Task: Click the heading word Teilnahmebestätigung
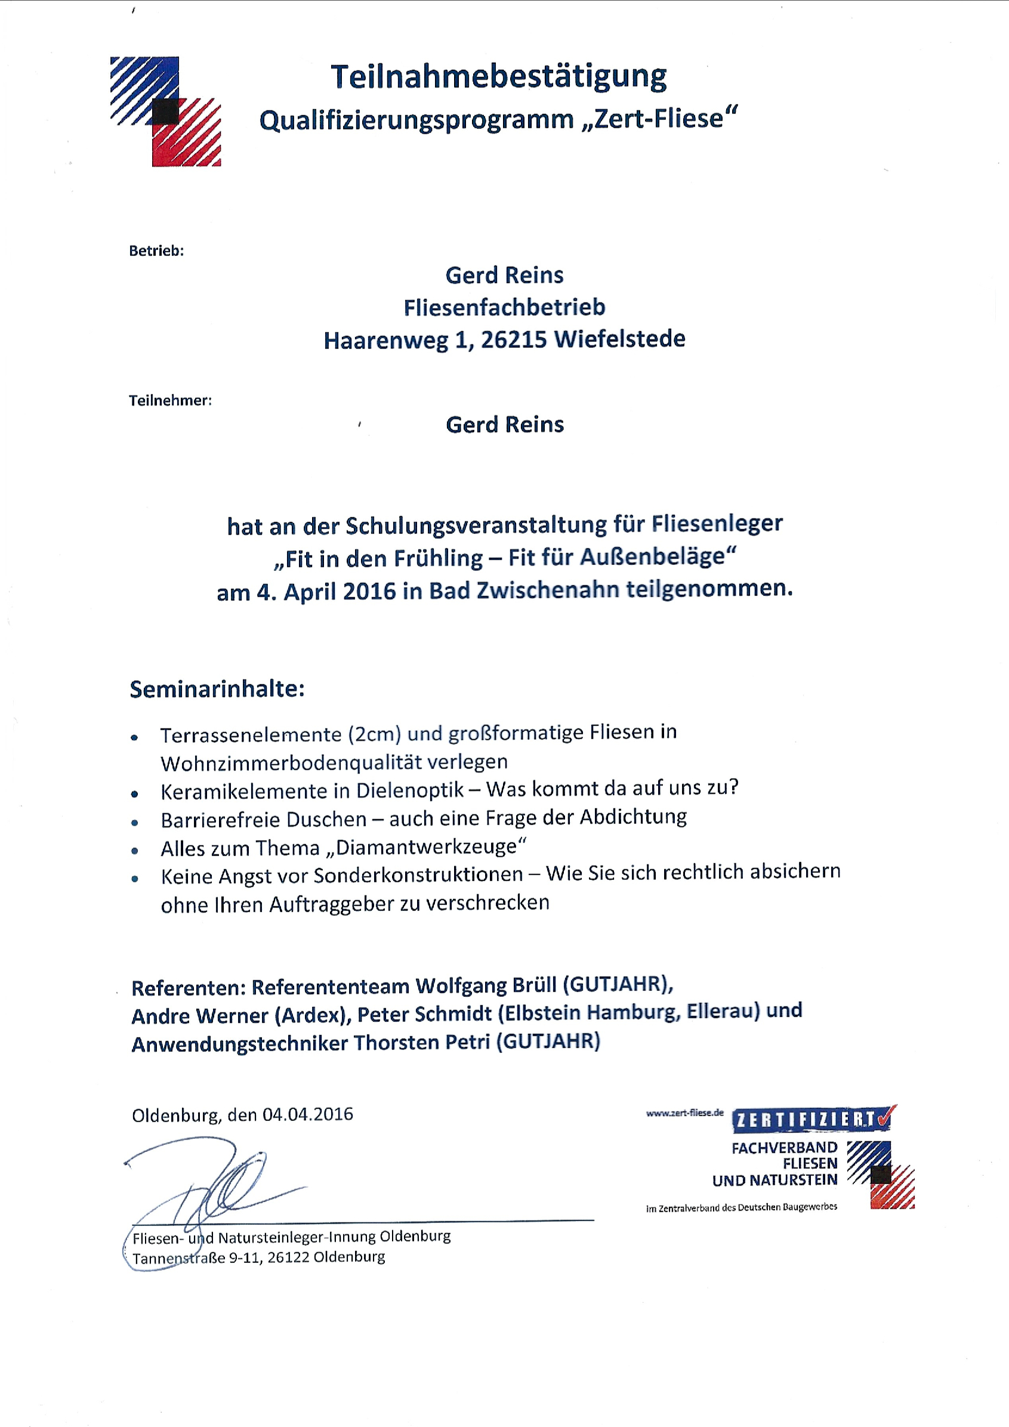499,78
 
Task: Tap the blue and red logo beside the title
165,112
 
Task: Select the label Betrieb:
156,251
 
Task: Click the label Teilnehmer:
170,401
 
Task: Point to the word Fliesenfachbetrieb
504,308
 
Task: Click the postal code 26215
514,340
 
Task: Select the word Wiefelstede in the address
620,339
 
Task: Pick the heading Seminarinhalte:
217,689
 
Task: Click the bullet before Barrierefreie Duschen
135,823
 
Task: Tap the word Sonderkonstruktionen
418,875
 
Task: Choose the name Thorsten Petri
422,1043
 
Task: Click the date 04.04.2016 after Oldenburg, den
308,1114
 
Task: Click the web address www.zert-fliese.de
684,1113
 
